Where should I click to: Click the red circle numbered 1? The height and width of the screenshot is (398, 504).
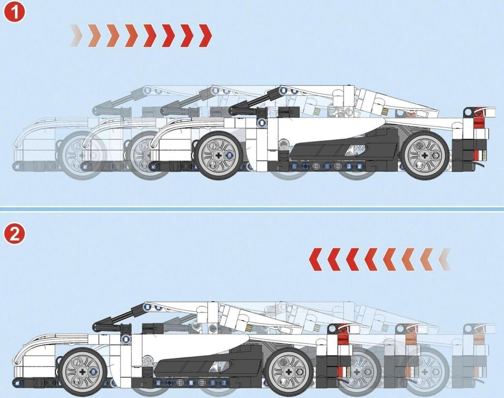(14, 12)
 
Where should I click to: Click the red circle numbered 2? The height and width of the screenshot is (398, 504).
(14, 234)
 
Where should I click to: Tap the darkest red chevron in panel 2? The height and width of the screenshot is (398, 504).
(316, 259)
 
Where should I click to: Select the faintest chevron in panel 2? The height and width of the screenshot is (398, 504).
(445, 259)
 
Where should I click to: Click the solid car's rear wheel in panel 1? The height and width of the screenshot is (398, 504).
(425, 155)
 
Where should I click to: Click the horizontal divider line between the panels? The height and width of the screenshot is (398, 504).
(252, 209)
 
